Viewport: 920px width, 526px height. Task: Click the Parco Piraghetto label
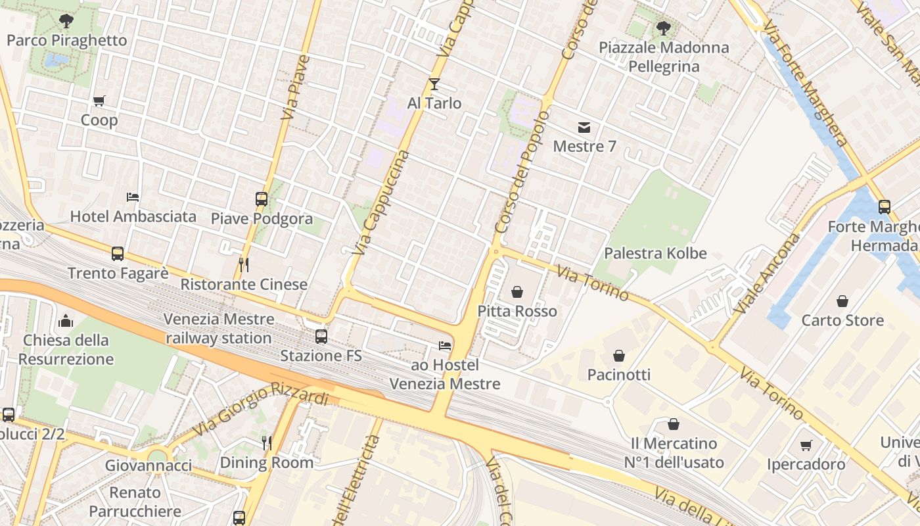click(66, 40)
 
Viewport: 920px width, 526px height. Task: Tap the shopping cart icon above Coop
click(99, 101)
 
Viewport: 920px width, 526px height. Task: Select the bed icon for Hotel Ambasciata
click(133, 197)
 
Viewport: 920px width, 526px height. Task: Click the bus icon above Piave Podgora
click(262, 199)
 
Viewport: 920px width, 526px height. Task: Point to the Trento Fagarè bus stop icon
click(118, 253)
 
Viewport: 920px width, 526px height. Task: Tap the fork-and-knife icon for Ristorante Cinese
click(243, 264)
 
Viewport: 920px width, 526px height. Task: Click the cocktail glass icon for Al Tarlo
click(434, 84)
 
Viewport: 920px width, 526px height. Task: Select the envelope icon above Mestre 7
click(584, 127)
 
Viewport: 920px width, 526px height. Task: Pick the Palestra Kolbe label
click(655, 253)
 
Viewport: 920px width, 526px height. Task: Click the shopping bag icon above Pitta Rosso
click(517, 291)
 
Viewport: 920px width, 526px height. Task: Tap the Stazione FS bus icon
click(321, 336)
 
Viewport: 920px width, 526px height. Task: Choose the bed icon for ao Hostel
click(445, 345)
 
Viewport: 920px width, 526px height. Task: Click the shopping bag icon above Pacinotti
click(618, 356)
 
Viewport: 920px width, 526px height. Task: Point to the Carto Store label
click(842, 320)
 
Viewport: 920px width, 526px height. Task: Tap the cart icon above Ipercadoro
click(806, 445)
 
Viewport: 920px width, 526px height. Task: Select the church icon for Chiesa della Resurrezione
click(66, 321)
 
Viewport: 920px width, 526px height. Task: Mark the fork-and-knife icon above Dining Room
click(266, 442)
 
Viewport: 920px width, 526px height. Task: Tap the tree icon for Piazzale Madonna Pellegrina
click(664, 28)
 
